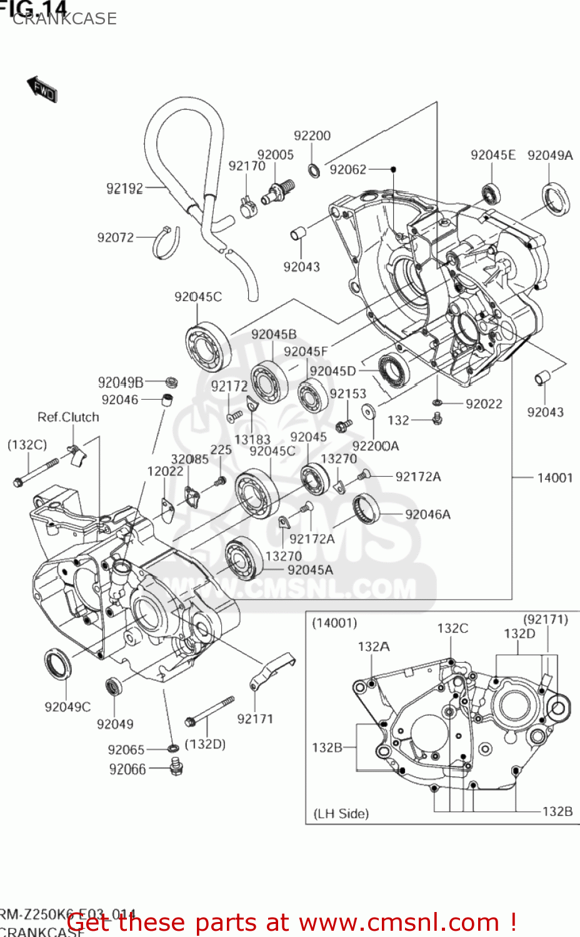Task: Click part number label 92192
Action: (x=124, y=188)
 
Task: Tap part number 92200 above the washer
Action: (x=312, y=136)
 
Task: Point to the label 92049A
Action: (x=550, y=155)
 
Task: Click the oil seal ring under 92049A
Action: (x=556, y=198)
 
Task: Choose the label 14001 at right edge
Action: (x=554, y=478)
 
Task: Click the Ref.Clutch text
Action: (x=68, y=417)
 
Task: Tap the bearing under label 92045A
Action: (x=244, y=557)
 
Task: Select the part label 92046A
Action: (x=427, y=514)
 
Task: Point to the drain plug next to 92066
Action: (x=176, y=765)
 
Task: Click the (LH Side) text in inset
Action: (x=341, y=813)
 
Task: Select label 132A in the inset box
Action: (x=373, y=647)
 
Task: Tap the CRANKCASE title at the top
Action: (x=64, y=19)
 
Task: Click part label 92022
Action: (x=484, y=404)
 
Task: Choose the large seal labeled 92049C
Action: (x=57, y=665)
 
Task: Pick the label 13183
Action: (x=252, y=439)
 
